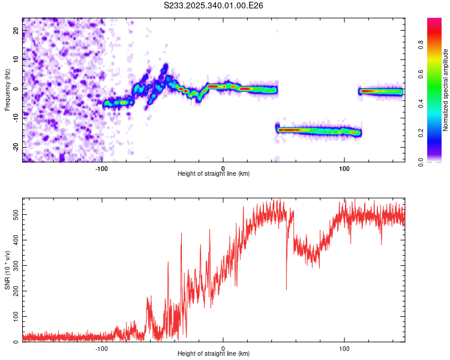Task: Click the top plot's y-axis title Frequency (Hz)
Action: click(7, 89)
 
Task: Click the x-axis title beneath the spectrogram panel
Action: click(214, 174)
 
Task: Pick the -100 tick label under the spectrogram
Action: click(101, 167)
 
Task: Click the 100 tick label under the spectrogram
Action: click(344, 167)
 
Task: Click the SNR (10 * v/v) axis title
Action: click(7, 271)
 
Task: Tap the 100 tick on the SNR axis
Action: click(15, 316)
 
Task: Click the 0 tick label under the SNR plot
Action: click(223, 348)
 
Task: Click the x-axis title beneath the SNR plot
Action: click(214, 355)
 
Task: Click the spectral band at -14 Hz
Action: click(318, 130)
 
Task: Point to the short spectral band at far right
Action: click(381, 91)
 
